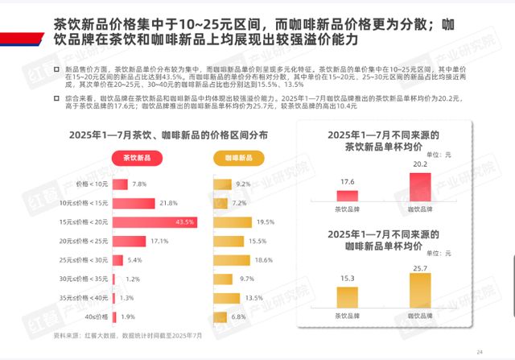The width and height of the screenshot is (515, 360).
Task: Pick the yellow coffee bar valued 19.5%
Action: point(232,221)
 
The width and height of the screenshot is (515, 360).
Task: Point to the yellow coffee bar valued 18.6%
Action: point(231,260)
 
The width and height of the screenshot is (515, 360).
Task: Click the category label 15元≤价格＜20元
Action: point(84,221)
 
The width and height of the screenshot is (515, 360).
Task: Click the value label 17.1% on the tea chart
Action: point(159,241)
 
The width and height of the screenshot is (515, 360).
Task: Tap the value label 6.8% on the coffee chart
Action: point(238,317)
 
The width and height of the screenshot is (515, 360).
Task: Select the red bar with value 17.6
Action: point(347,196)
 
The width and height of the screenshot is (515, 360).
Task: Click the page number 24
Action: point(480,351)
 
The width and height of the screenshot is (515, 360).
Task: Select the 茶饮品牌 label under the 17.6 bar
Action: point(347,208)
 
